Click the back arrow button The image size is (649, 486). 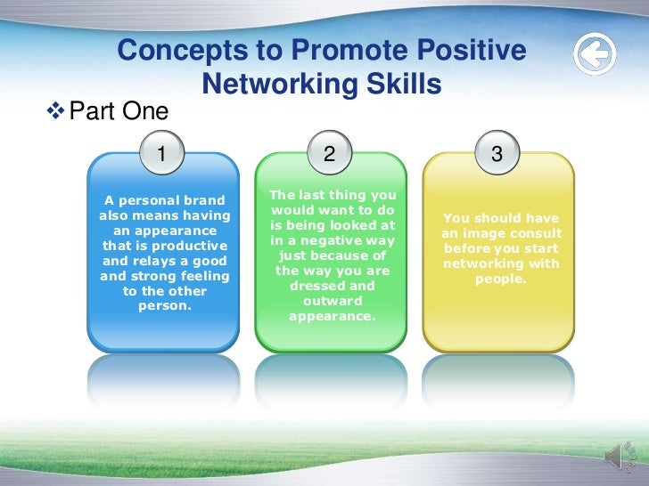click(594, 55)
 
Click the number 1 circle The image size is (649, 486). click(161, 154)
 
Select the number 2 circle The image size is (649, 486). click(329, 154)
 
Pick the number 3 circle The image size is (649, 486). click(497, 154)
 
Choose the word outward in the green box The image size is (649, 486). click(331, 301)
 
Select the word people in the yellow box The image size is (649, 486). click(501, 279)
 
